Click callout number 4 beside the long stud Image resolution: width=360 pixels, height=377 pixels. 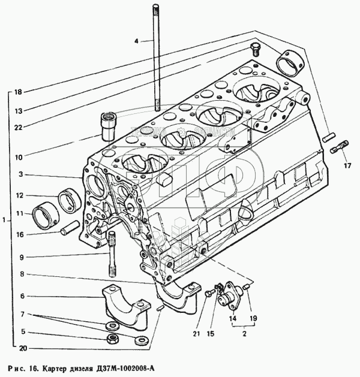point(136,41)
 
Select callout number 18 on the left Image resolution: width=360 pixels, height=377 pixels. point(18,92)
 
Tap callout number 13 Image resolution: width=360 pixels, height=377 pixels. point(18,110)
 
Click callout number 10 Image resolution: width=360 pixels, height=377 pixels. point(18,157)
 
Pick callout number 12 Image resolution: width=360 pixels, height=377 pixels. point(19,195)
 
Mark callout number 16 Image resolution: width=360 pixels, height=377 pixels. point(19,234)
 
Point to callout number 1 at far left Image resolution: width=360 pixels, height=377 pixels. point(4,220)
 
